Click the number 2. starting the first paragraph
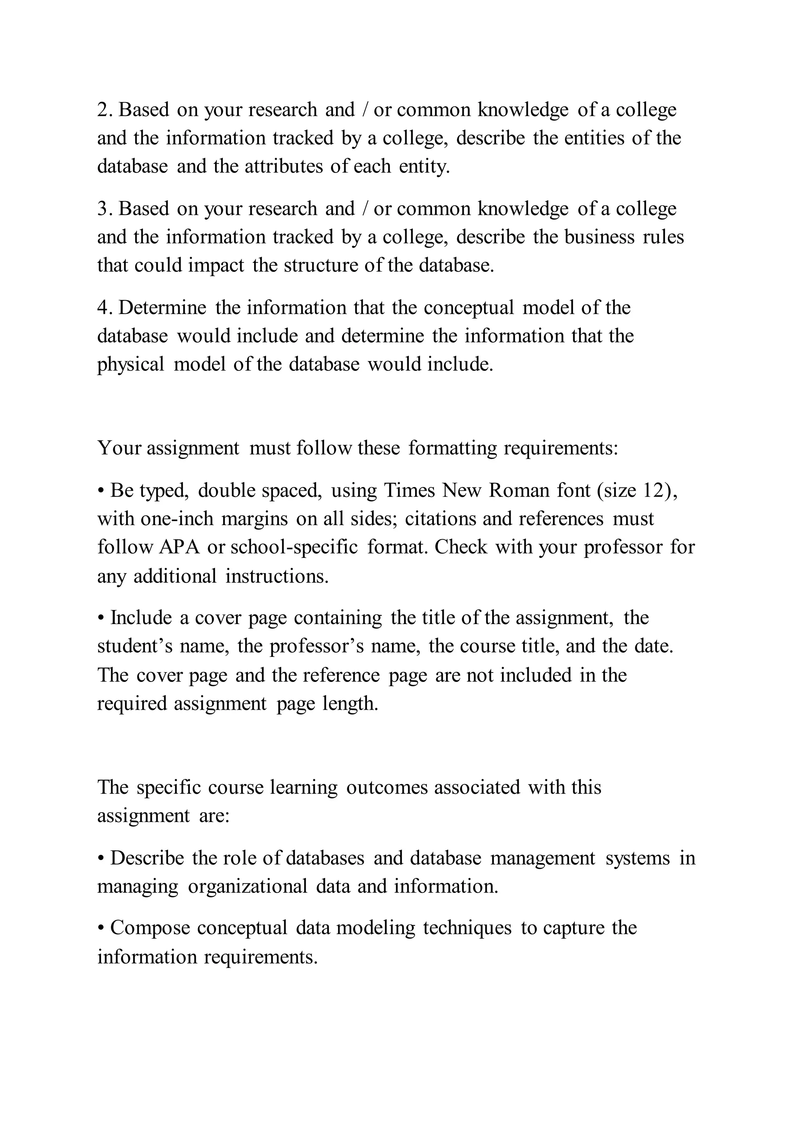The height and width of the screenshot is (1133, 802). [105, 110]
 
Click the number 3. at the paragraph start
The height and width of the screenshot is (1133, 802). [105, 209]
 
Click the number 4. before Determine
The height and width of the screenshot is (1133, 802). [105, 308]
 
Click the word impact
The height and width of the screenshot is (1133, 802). [216, 266]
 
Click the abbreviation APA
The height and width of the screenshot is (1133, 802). [179, 548]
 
